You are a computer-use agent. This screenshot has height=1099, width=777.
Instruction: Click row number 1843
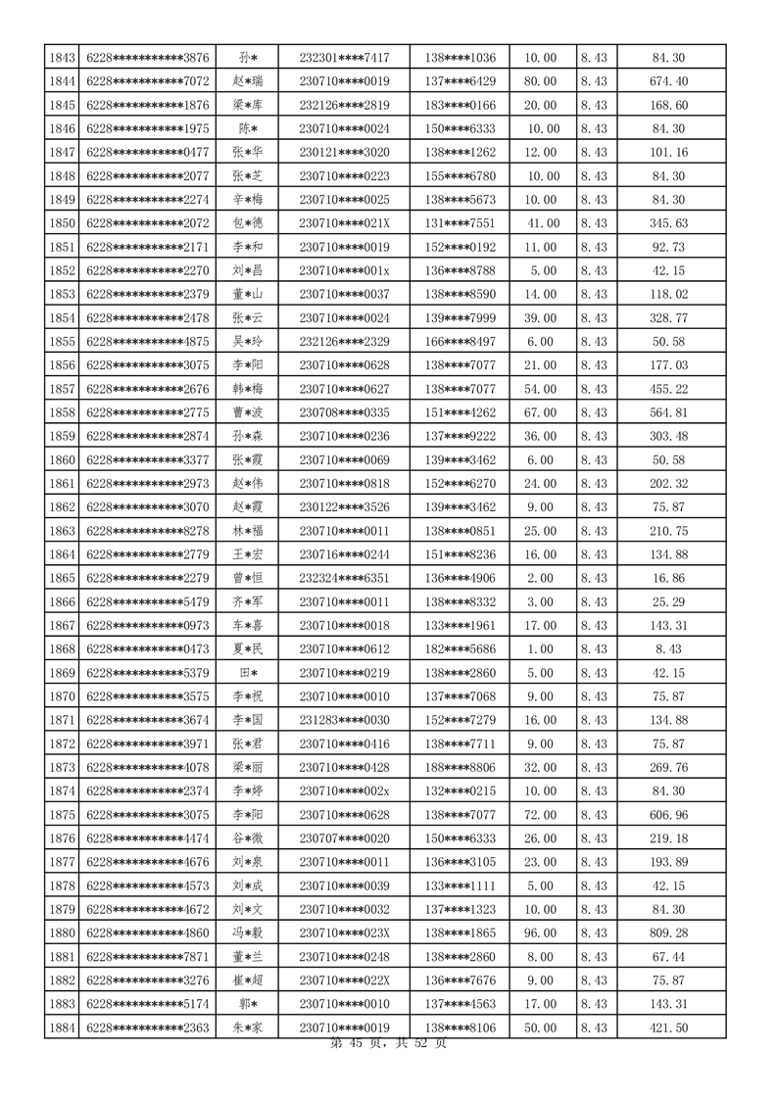pos(62,58)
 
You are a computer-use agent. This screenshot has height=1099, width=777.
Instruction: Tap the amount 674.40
pos(669,81)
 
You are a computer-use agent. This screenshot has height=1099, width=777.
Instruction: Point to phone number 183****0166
pos(461,105)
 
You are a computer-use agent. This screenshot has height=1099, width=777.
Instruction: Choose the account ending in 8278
pos(148,531)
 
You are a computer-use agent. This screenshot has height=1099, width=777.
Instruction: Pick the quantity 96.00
pos(542,932)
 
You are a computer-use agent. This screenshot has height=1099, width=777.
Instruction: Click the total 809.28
pos(669,932)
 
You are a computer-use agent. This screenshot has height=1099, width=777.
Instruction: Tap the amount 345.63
pos(669,223)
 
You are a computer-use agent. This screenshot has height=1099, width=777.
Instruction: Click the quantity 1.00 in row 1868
pos(542,648)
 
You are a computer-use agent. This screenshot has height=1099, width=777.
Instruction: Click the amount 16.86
pos(669,578)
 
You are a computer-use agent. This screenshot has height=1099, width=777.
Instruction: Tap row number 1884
pos(62,1027)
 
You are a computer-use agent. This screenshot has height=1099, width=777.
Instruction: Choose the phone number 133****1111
pos(461,885)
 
